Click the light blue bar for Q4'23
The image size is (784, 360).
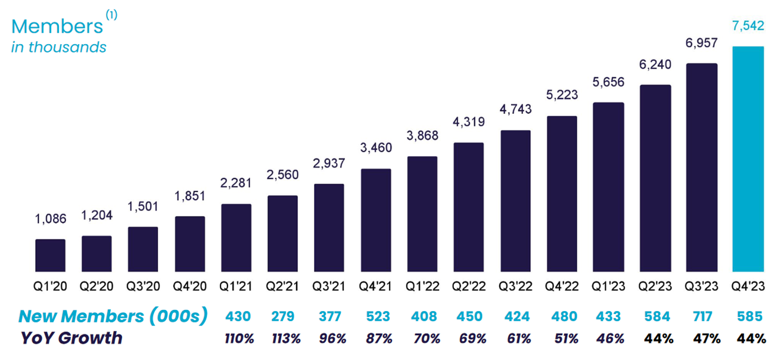click(748, 159)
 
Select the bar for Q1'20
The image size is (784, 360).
click(50, 256)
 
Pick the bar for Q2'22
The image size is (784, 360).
click(469, 207)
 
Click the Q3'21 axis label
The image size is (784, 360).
click(329, 286)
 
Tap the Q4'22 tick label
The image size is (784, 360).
click(561, 286)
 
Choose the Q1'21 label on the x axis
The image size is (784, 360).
click(236, 286)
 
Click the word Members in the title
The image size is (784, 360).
click(57, 27)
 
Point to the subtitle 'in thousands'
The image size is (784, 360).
click(58, 47)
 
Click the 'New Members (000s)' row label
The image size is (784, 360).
click(113, 317)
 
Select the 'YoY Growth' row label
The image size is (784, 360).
click(71, 338)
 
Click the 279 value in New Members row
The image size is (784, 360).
click(282, 317)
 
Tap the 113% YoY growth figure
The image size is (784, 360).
click(284, 339)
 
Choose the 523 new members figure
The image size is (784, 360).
click(376, 317)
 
